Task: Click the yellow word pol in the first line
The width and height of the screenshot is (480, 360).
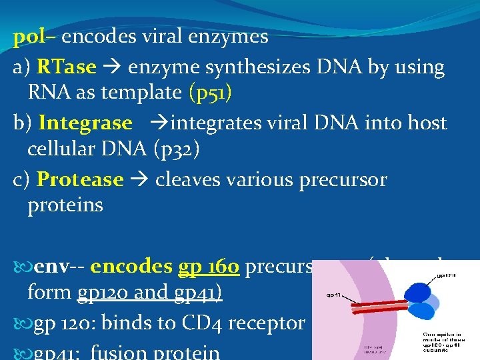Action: tap(28, 37)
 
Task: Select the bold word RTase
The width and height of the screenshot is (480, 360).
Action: tap(67, 67)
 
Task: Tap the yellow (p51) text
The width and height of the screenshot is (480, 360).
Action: tap(211, 92)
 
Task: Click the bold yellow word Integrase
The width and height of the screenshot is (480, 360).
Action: tap(85, 123)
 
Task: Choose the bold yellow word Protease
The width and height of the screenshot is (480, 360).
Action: tap(80, 180)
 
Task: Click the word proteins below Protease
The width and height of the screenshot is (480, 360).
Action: tap(65, 205)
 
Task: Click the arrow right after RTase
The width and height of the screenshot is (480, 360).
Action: tap(112, 67)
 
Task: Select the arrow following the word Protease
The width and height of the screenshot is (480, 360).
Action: tap(139, 180)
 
